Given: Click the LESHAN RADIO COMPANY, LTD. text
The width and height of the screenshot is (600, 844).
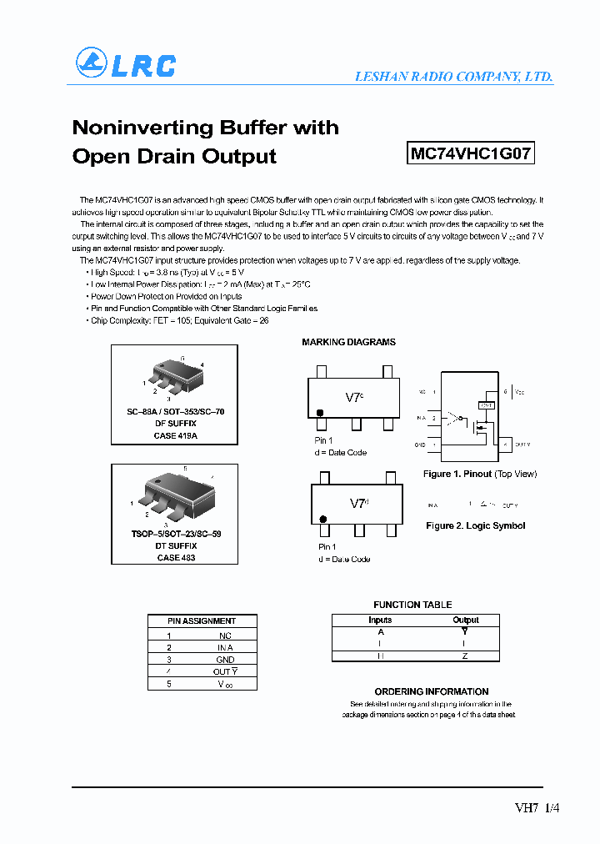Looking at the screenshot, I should tap(453, 76).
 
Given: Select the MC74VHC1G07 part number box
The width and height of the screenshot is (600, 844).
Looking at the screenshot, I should tap(471, 153).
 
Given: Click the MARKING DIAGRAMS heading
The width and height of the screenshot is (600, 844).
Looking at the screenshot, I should tap(348, 342).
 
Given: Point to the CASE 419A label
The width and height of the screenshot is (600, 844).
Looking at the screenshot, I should tap(175, 435).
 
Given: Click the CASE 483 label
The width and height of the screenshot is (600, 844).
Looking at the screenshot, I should tap(175, 557).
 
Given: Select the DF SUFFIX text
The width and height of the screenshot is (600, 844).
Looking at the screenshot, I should tap(175, 424).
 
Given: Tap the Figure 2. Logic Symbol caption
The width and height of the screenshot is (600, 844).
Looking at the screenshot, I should tap(475, 525).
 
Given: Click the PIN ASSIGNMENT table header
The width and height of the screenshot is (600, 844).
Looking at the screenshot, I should tap(202, 620).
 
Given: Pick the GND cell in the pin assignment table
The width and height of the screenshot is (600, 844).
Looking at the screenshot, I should tap(225, 659).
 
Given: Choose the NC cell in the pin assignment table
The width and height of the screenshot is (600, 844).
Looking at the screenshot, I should tap(225, 635).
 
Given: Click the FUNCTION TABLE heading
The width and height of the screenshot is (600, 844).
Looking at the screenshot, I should tap(412, 605).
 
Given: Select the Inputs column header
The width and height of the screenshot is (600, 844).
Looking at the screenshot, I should tap(380, 620).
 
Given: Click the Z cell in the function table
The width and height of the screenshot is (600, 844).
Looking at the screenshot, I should tap(465, 656).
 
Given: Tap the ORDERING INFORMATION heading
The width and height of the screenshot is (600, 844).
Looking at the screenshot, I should tap(432, 691).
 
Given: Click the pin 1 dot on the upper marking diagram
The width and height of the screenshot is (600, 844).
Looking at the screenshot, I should tap(320, 413).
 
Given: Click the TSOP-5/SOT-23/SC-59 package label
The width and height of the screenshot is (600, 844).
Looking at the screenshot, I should tap(175, 534).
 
